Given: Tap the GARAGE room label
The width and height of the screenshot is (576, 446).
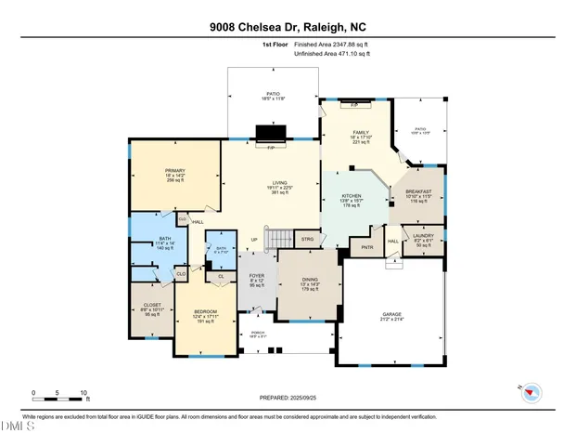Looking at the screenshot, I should [x=391, y=314].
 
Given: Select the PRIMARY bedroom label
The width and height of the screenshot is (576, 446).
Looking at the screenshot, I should [x=174, y=170].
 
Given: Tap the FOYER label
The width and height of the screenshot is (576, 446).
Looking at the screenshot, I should [x=257, y=276].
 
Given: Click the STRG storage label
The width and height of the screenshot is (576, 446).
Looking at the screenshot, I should [x=307, y=239].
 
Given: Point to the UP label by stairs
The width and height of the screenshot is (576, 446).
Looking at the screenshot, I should [x=254, y=239].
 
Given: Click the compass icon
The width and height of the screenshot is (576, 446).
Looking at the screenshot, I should [x=531, y=390].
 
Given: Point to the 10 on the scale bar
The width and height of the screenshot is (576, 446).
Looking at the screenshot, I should [x=84, y=393].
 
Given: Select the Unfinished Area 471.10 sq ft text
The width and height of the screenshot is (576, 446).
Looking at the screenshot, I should [x=332, y=55].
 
